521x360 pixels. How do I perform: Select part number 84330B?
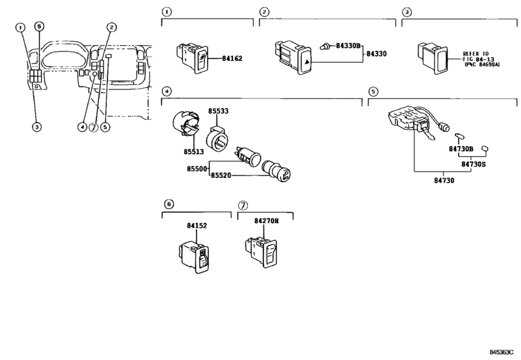(x=348, y=47)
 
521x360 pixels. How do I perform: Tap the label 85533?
(x=218, y=112)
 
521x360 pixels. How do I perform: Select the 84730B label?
(x=461, y=149)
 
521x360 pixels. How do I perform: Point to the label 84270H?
(x=267, y=221)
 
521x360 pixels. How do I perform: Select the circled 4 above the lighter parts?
(x=166, y=91)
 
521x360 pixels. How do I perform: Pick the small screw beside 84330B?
(x=326, y=47)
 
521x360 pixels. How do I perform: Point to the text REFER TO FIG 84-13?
(x=478, y=59)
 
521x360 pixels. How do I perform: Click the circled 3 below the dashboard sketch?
(x=37, y=127)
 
